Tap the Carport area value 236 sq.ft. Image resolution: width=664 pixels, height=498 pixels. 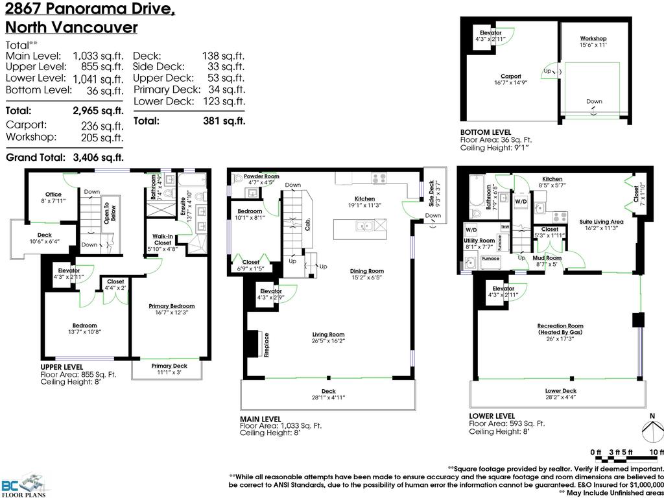coord(102,126)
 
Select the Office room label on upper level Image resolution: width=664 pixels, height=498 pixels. coord(53,195)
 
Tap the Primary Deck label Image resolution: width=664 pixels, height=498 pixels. coord(169,366)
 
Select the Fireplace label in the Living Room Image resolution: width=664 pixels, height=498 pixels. coord(267,344)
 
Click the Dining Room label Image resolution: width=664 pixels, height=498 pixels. coord(367,271)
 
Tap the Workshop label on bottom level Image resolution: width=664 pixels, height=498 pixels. coord(593,39)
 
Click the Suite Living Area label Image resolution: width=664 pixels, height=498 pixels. coord(601,222)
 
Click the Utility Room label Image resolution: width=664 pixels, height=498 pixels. coord(479,240)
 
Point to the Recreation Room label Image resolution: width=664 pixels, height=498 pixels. coord(560,326)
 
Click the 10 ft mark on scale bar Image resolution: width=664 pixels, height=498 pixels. coord(656,451)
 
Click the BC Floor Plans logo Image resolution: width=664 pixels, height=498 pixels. coord(26,483)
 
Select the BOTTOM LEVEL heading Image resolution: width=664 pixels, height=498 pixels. coord(486,132)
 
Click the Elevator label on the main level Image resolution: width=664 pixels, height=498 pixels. coord(270,291)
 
